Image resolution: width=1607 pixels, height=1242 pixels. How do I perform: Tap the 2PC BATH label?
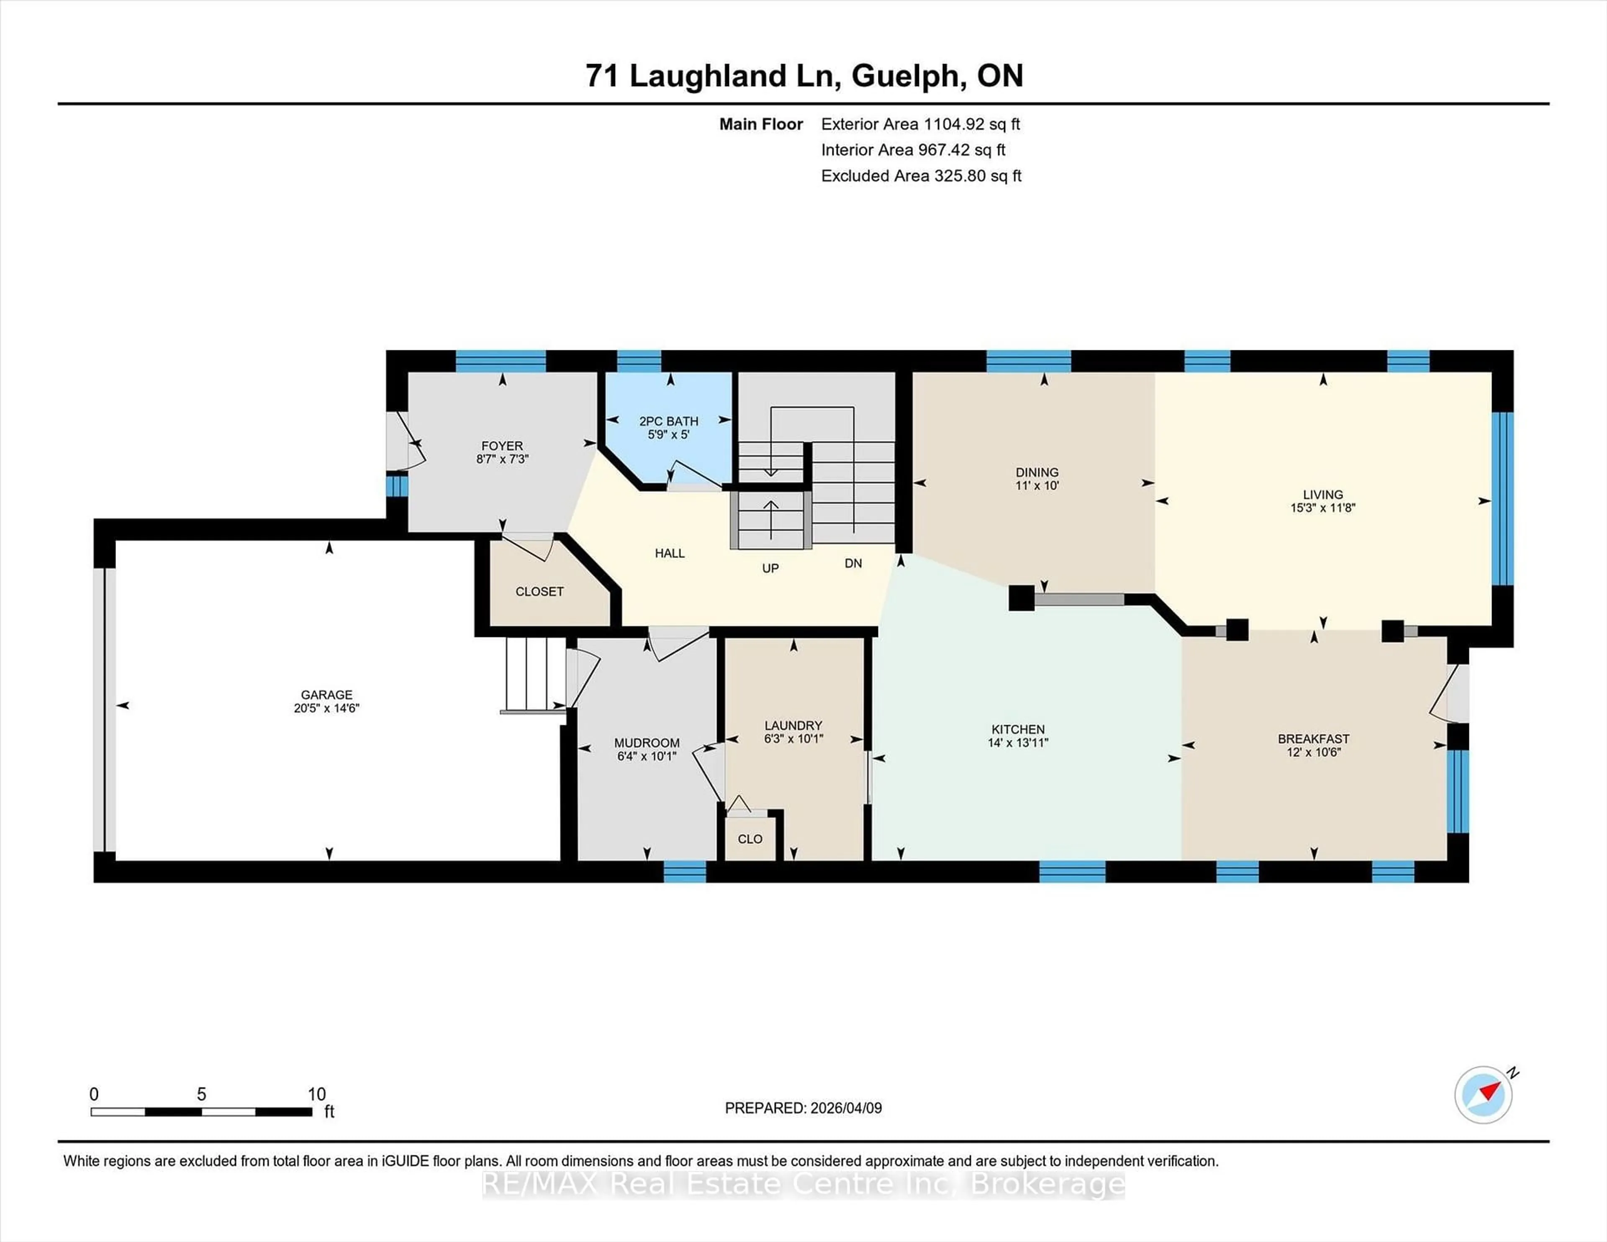click(668, 422)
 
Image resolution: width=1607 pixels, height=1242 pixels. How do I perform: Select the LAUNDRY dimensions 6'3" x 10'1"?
click(793, 739)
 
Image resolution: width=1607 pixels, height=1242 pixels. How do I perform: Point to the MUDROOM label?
click(647, 743)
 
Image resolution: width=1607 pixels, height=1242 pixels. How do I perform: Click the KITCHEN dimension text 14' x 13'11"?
click(1018, 743)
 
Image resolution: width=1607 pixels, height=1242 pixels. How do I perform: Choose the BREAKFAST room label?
click(1313, 739)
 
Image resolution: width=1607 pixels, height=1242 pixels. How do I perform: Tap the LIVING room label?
click(1322, 495)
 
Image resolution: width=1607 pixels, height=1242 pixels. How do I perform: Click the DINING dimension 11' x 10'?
click(1037, 485)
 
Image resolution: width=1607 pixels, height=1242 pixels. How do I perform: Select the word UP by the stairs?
click(770, 568)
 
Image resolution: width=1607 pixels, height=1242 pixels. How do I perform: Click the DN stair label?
click(853, 564)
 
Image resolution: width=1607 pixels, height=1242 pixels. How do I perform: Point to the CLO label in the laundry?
click(750, 839)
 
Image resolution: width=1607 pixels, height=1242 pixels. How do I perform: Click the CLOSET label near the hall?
click(539, 592)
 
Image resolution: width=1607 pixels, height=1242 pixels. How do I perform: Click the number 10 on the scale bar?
click(316, 1094)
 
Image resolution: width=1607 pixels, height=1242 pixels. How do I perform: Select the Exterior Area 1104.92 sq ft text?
click(921, 124)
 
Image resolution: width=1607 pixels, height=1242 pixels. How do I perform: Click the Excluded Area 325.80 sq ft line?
click(921, 176)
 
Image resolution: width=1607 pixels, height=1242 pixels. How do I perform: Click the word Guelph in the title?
click(908, 77)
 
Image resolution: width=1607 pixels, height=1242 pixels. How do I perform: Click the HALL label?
click(670, 553)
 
